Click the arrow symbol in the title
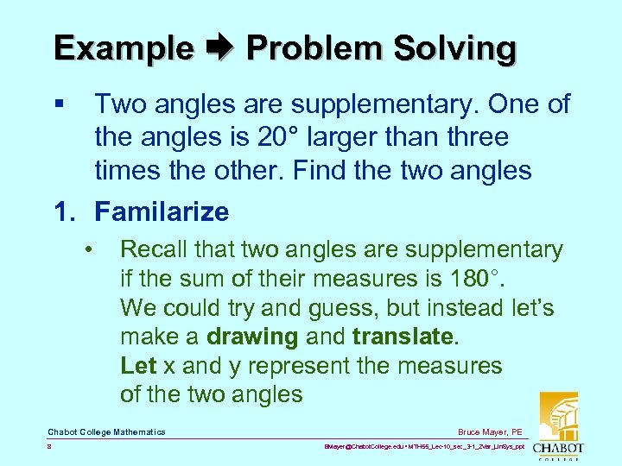220,48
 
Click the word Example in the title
124,48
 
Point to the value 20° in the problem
282,137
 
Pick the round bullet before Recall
89,250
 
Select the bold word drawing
254,337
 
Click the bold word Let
137,366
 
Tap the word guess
345,308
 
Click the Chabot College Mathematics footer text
106,431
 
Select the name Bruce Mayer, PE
492,431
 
